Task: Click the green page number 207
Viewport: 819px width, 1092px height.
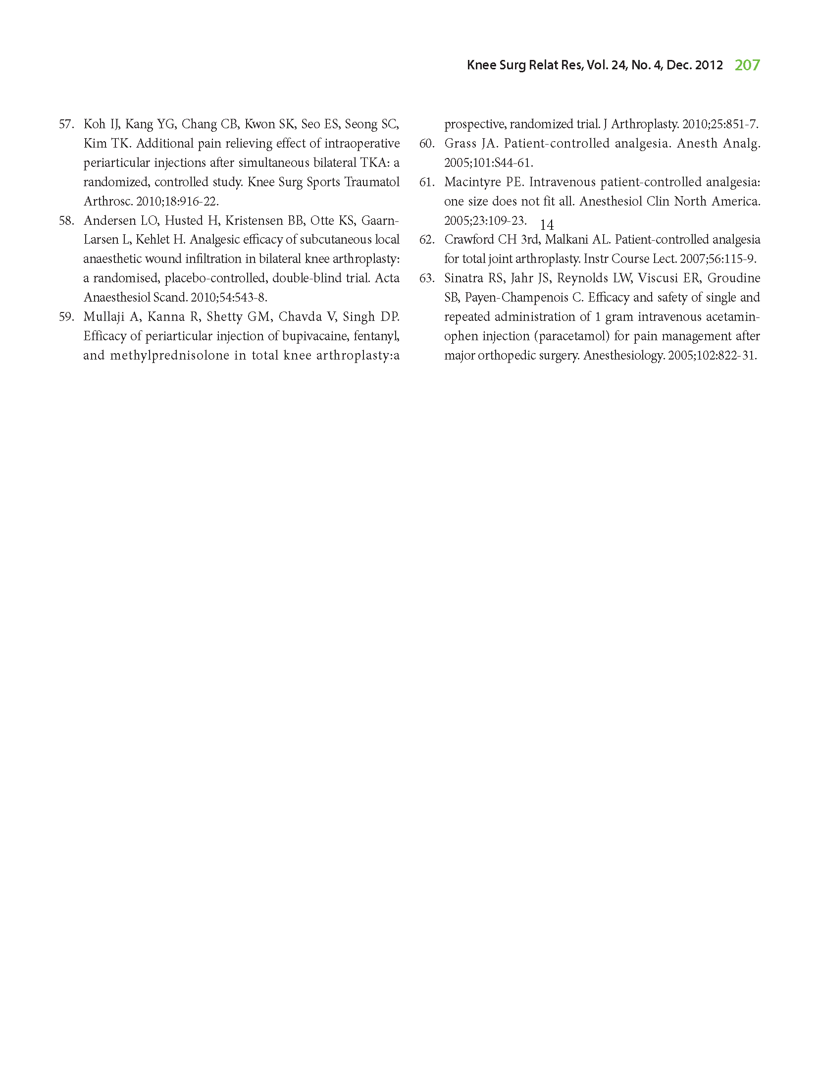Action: click(x=747, y=65)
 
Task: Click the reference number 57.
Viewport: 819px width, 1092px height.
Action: click(x=66, y=124)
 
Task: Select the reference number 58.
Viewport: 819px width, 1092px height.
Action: click(x=66, y=220)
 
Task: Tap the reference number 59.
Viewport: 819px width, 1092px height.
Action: click(x=66, y=316)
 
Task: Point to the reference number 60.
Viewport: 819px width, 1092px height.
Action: click(x=426, y=144)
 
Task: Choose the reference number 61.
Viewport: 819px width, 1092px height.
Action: click(x=426, y=182)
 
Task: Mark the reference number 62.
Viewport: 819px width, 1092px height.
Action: click(x=426, y=240)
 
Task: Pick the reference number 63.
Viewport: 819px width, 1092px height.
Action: click(x=426, y=278)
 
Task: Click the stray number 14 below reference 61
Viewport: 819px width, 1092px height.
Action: click(x=547, y=225)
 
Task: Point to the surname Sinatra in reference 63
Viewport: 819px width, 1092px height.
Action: click(x=463, y=278)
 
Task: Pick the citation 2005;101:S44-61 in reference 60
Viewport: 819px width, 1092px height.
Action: click(x=488, y=163)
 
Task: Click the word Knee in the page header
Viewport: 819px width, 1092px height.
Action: click(x=481, y=65)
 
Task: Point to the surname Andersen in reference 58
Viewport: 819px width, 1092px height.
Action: click(x=108, y=220)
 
